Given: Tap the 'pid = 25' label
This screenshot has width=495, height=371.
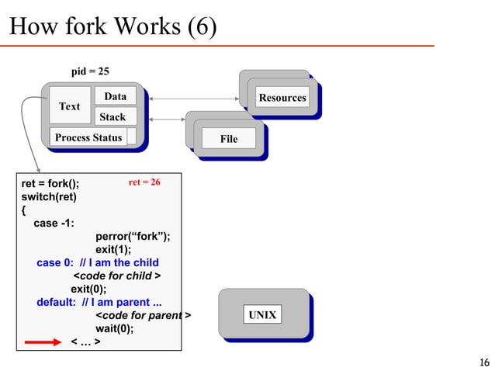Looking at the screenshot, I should tap(90, 71).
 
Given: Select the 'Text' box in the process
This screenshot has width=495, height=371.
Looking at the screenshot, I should tap(69, 106).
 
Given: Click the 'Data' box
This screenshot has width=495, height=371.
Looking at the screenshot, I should tap(115, 96).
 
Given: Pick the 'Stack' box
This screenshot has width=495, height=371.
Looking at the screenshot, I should tap(112, 117).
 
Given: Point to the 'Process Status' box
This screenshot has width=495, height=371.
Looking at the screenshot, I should tap(88, 137).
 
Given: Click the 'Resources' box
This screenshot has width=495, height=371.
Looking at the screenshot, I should tap(282, 98).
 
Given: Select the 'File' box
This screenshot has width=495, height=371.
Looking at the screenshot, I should tap(229, 139).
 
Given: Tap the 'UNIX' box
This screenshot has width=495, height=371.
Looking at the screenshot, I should tap(262, 314).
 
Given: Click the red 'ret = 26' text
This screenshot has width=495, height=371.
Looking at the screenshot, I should tap(144, 182).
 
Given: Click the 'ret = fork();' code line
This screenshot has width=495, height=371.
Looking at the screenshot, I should tap(50, 184).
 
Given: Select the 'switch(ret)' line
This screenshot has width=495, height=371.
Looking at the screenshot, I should tap(49, 197).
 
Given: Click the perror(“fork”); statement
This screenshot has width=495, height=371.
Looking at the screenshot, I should tap(133, 237).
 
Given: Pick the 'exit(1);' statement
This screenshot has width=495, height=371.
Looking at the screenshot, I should tap(113, 250).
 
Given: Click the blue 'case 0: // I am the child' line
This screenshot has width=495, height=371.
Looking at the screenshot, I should tap(98, 263).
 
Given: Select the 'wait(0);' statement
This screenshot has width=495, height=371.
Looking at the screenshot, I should tap(115, 328).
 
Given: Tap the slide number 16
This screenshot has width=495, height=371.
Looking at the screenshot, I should tap(484, 362).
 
